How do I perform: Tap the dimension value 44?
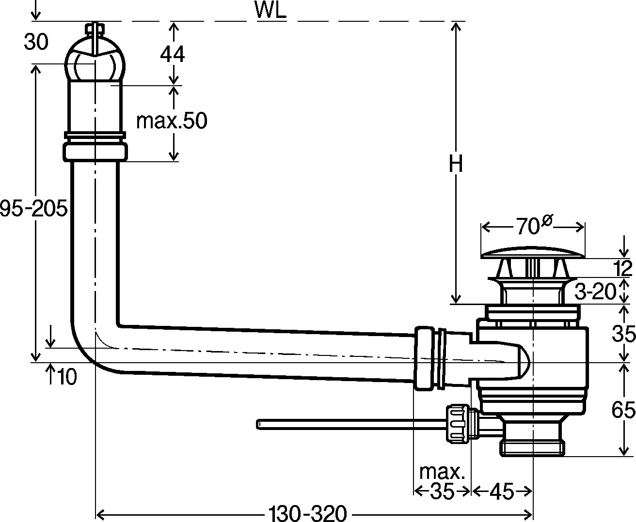[173, 54]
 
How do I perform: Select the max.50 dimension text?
[171, 121]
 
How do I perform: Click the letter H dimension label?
[455, 165]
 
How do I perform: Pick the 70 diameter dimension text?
[533, 226]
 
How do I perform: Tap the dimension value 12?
[623, 268]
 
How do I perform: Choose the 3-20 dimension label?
[595, 292]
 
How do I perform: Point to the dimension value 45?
[501, 492]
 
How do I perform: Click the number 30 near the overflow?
[36, 43]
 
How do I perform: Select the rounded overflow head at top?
[95, 63]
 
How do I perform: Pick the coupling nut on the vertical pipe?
[95, 151]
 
